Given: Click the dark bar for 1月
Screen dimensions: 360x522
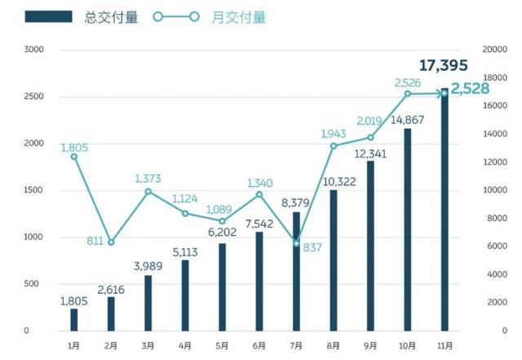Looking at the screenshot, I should click(x=74, y=319).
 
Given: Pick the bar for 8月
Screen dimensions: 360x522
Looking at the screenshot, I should click(x=334, y=260).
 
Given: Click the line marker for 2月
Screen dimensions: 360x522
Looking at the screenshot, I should click(x=111, y=242).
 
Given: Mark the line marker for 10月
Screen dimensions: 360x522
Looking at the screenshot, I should click(x=407, y=94).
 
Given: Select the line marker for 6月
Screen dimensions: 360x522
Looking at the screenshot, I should click(x=259, y=194).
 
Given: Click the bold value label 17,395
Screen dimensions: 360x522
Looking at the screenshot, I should click(x=445, y=64).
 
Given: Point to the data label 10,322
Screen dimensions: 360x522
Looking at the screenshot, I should click(x=334, y=180).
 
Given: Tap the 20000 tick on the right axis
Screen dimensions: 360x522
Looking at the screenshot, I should click(x=494, y=50).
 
